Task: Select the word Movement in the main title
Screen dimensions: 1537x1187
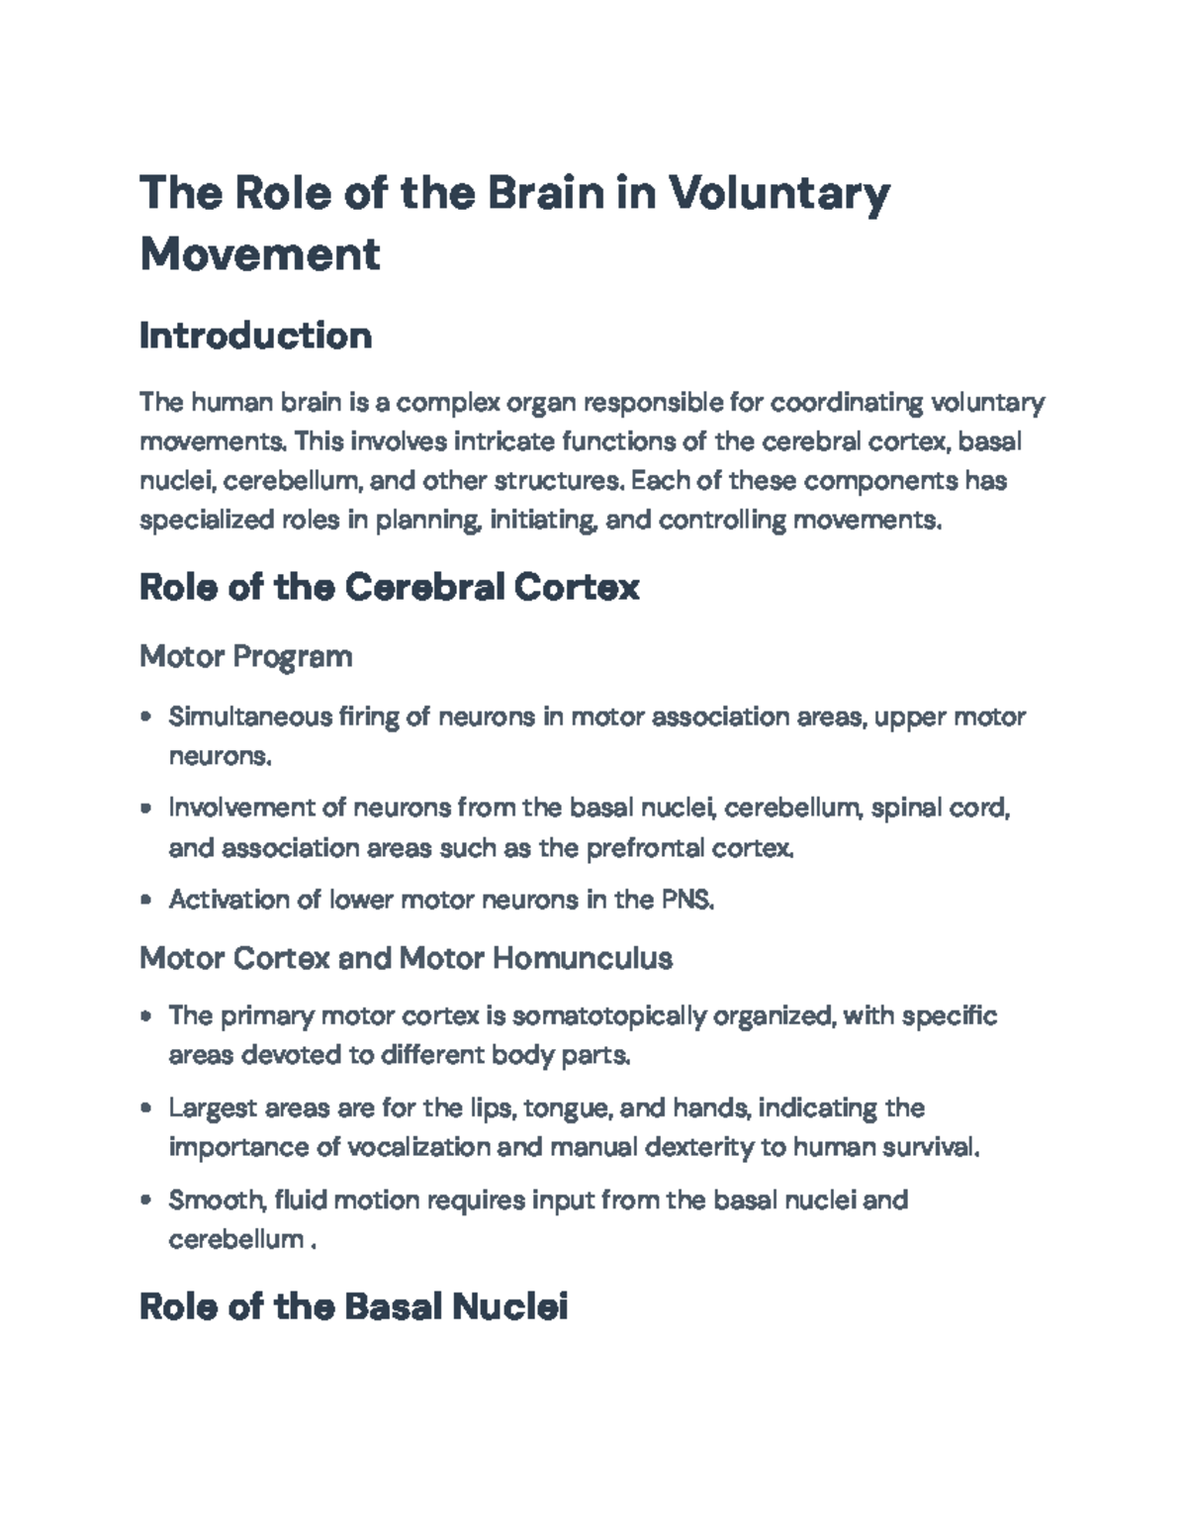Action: click(259, 253)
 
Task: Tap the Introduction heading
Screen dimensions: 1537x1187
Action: click(255, 336)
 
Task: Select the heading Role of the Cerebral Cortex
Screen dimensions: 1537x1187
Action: click(389, 587)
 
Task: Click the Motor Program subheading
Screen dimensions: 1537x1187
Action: click(245, 655)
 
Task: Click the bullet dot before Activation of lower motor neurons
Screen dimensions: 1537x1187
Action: click(146, 901)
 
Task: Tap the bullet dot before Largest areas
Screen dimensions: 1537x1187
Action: click(146, 1108)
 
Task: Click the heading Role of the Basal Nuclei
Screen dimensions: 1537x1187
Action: click(353, 1306)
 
